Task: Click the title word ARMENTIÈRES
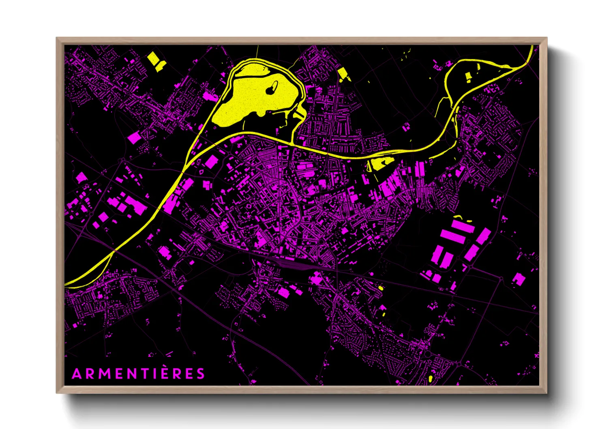(138, 373)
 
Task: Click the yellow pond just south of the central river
(380, 163)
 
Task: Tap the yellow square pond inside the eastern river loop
(468, 77)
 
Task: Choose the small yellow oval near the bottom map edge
(430, 379)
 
